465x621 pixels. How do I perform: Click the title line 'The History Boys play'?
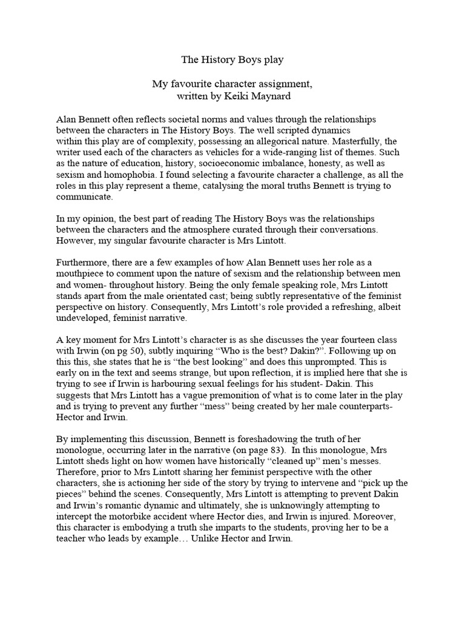[232, 60]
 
